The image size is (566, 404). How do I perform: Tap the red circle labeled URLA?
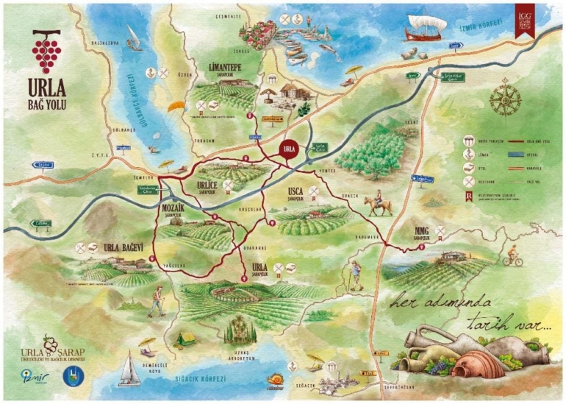[x=289, y=147]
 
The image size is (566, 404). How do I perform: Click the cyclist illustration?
[x=512, y=258]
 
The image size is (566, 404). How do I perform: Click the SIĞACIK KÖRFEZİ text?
[x=201, y=379]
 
